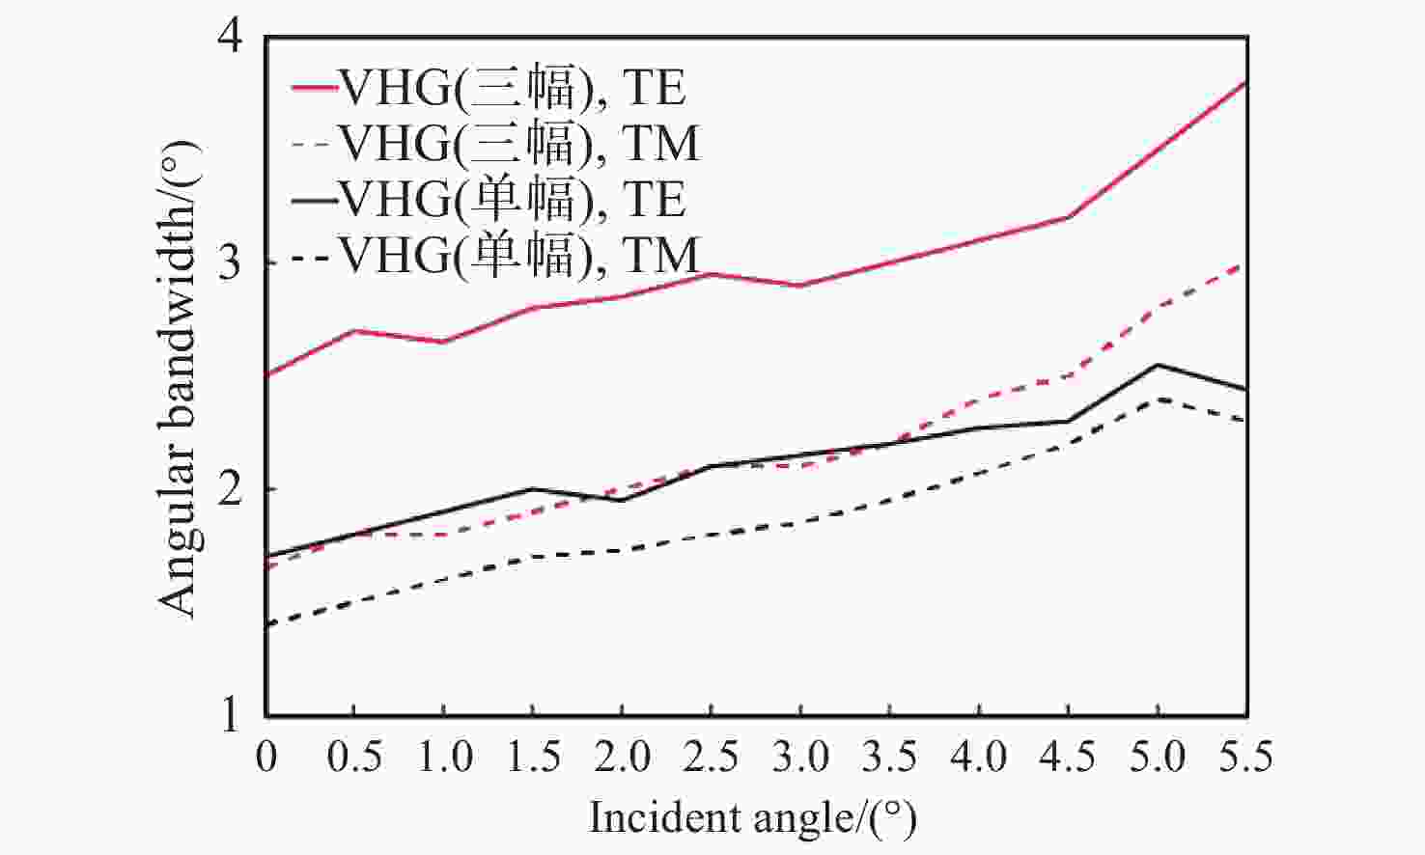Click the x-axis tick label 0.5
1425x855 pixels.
(353, 757)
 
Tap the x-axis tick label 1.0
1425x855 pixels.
(443, 757)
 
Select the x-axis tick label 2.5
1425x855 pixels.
(712, 757)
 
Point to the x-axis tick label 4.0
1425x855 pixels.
(979, 757)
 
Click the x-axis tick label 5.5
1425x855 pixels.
(1245, 757)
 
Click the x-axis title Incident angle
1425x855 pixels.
(752, 818)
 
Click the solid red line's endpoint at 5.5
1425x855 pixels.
(1247, 83)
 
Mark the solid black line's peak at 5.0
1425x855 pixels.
(1158, 365)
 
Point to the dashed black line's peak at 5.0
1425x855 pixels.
(1158, 399)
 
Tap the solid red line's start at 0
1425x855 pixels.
(267, 375)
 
